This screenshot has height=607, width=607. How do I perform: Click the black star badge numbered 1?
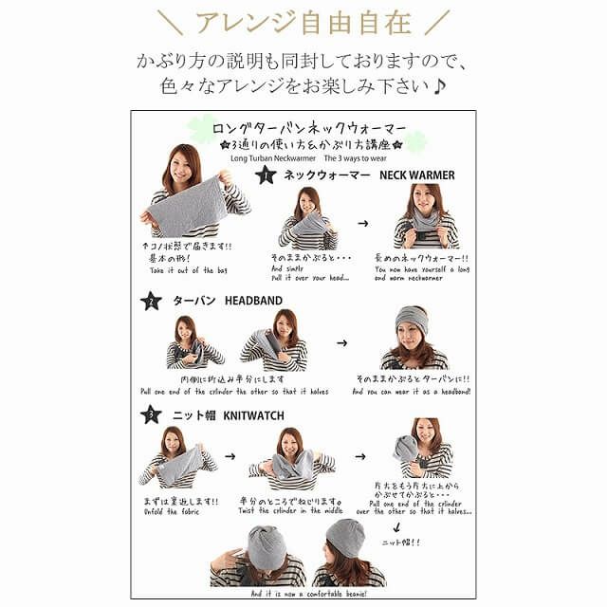(266, 174)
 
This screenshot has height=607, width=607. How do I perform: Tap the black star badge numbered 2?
(151, 302)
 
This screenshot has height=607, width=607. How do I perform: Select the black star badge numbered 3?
(151, 414)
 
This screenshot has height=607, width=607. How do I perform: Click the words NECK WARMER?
(417, 175)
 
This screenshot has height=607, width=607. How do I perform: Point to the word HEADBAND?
(253, 301)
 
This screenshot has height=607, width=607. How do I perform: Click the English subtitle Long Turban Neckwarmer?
(272, 159)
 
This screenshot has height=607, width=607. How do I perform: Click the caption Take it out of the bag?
(189, 271)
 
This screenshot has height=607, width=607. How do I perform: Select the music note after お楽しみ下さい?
(442, 85)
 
